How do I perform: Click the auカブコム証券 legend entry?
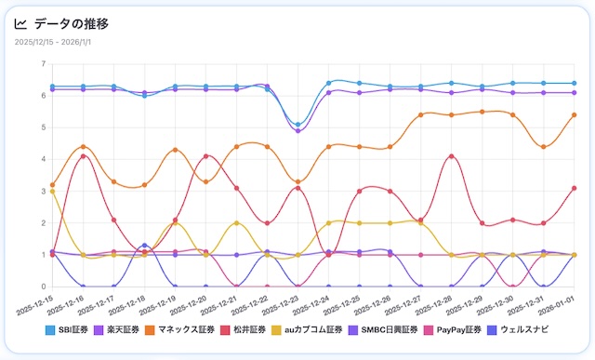coord(321,329)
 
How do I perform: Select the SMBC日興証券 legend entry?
coord(394,329)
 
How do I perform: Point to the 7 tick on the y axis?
coord(42,64)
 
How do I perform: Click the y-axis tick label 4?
coord(42,160)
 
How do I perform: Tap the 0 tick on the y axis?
coord(42,287)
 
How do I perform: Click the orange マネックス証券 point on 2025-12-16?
coord(83,147)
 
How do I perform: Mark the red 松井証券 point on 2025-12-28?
coord(452,156)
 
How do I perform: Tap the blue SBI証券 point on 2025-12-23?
coord(297,125)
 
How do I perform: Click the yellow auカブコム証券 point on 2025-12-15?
coord(52,192)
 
